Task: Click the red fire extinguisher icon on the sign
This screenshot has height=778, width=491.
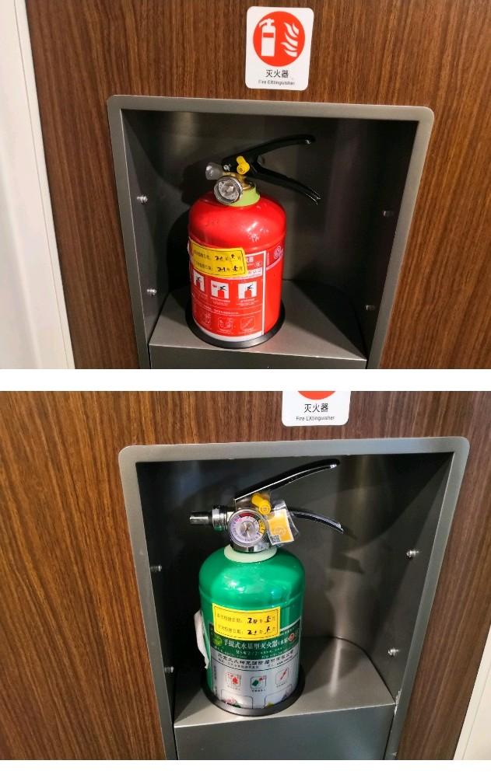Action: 279,38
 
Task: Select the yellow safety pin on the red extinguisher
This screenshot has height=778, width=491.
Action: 242,165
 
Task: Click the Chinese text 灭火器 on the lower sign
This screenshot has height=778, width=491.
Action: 316,408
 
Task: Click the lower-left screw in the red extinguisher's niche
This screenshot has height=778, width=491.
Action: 151,292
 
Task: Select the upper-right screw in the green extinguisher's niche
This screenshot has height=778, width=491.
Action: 412,553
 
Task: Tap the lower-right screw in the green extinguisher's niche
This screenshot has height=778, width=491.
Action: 394,651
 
